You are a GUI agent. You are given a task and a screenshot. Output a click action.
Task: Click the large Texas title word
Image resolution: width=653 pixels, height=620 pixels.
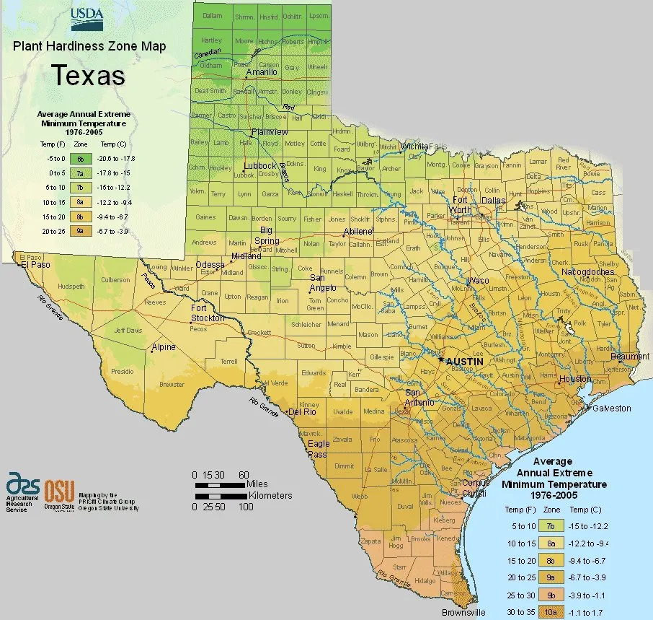pos(87,74)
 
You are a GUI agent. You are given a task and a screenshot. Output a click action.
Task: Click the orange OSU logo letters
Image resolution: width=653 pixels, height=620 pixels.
pos(59,492)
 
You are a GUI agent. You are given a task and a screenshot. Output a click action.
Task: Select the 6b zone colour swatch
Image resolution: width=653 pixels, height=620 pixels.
pos(81,158)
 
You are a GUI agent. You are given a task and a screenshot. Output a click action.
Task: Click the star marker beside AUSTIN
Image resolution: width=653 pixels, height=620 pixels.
pos(441,359)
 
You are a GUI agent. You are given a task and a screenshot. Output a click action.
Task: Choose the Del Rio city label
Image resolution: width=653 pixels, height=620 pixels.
pos(303,413)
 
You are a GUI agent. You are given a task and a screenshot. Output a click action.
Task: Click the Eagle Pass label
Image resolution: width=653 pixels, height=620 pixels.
pos(318,449)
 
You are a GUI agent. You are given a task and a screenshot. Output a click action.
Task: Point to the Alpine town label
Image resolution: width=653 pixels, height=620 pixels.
pos(163,347)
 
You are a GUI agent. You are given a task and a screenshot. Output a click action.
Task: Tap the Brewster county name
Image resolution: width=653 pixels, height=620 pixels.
pos(172,385)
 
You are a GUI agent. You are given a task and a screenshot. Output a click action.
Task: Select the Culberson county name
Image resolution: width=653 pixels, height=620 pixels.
pos(115,280)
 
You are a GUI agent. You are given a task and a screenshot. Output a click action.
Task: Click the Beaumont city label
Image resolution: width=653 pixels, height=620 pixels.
pos(629,357)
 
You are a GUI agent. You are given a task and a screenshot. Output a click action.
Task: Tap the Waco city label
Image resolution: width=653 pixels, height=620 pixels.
pos(478,280)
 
